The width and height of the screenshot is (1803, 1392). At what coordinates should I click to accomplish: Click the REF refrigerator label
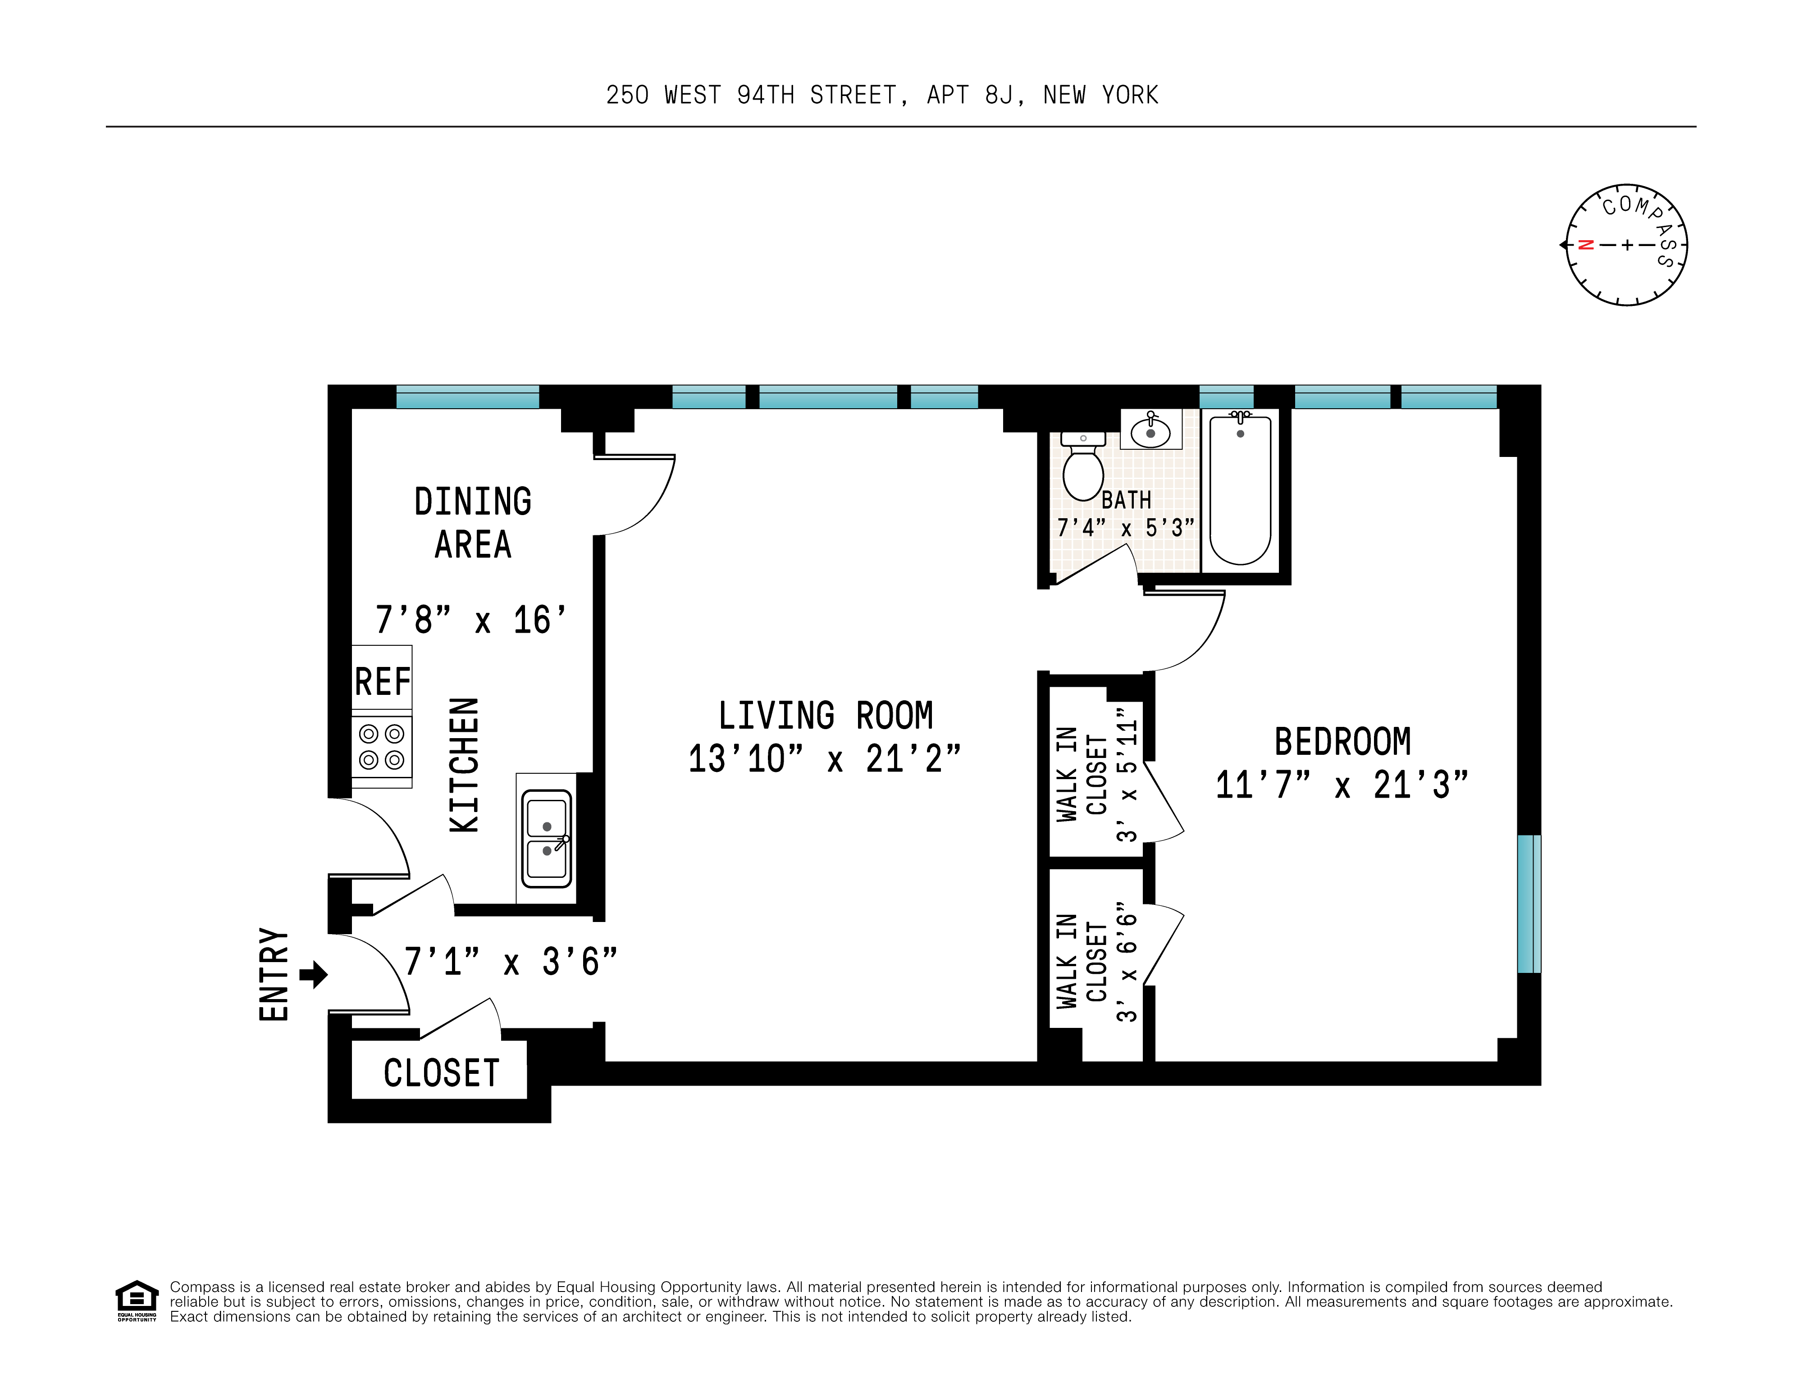point(382,682)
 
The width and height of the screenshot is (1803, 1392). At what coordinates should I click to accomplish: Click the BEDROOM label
point(1342,741)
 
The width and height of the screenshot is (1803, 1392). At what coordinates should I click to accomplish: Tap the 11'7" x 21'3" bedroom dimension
point(1342,785)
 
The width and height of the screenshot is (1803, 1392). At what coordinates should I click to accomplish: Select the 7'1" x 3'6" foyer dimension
point(511,962)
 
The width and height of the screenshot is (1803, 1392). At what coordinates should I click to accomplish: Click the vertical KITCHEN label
point(464,765)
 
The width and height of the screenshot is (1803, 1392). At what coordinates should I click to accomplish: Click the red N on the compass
point(1585,244)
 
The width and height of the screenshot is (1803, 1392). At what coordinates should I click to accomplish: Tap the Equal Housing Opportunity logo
point(136,1301)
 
